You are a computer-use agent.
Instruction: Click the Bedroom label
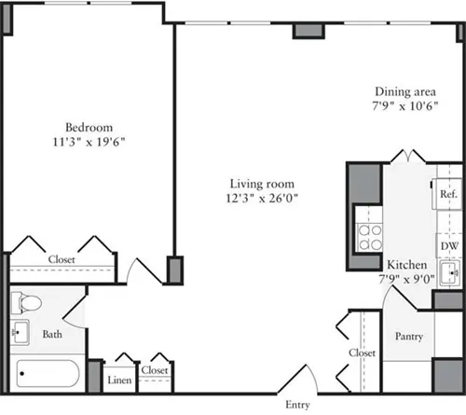pos(89,128)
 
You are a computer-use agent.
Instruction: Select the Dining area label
pos(405,91)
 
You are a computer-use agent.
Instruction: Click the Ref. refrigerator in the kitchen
pos(448,195)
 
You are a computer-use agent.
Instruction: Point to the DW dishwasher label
pos(448,245)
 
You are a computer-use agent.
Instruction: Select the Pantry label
pos(409,335)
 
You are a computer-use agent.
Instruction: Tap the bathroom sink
pos(21,333)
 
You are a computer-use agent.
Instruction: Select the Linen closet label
pos(119,380)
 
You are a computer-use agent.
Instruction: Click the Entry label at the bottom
pos(297,405)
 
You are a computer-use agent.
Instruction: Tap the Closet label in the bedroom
pos(62,260)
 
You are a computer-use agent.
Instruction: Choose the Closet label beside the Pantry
pos(363,353)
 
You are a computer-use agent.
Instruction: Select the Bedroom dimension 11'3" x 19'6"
pos(89,142)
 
